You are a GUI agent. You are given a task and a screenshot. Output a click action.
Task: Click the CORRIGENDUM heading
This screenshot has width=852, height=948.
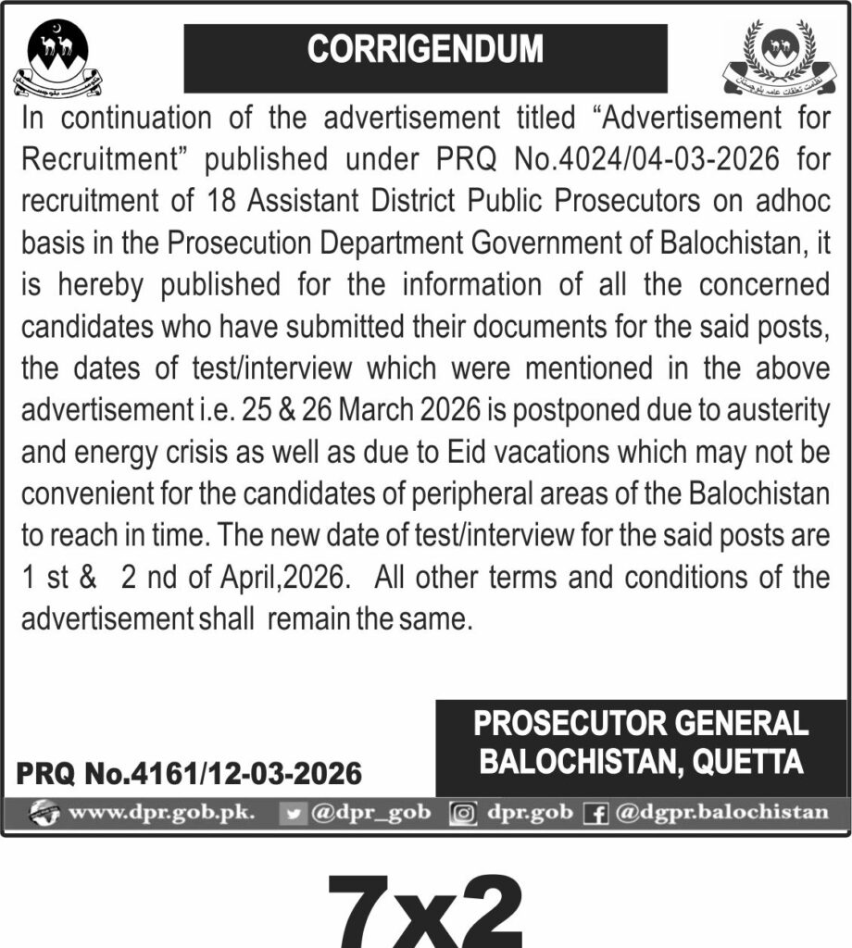(425, 50)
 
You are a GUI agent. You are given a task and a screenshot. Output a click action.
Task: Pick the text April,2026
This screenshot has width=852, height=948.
(288, 578)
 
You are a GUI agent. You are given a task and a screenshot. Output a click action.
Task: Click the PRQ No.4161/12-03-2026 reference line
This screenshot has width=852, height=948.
(189, 772)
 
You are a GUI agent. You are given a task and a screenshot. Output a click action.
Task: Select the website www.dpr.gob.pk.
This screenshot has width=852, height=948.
(163, 814)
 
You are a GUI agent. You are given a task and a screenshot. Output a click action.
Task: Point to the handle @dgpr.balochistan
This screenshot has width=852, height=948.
(721, 814)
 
